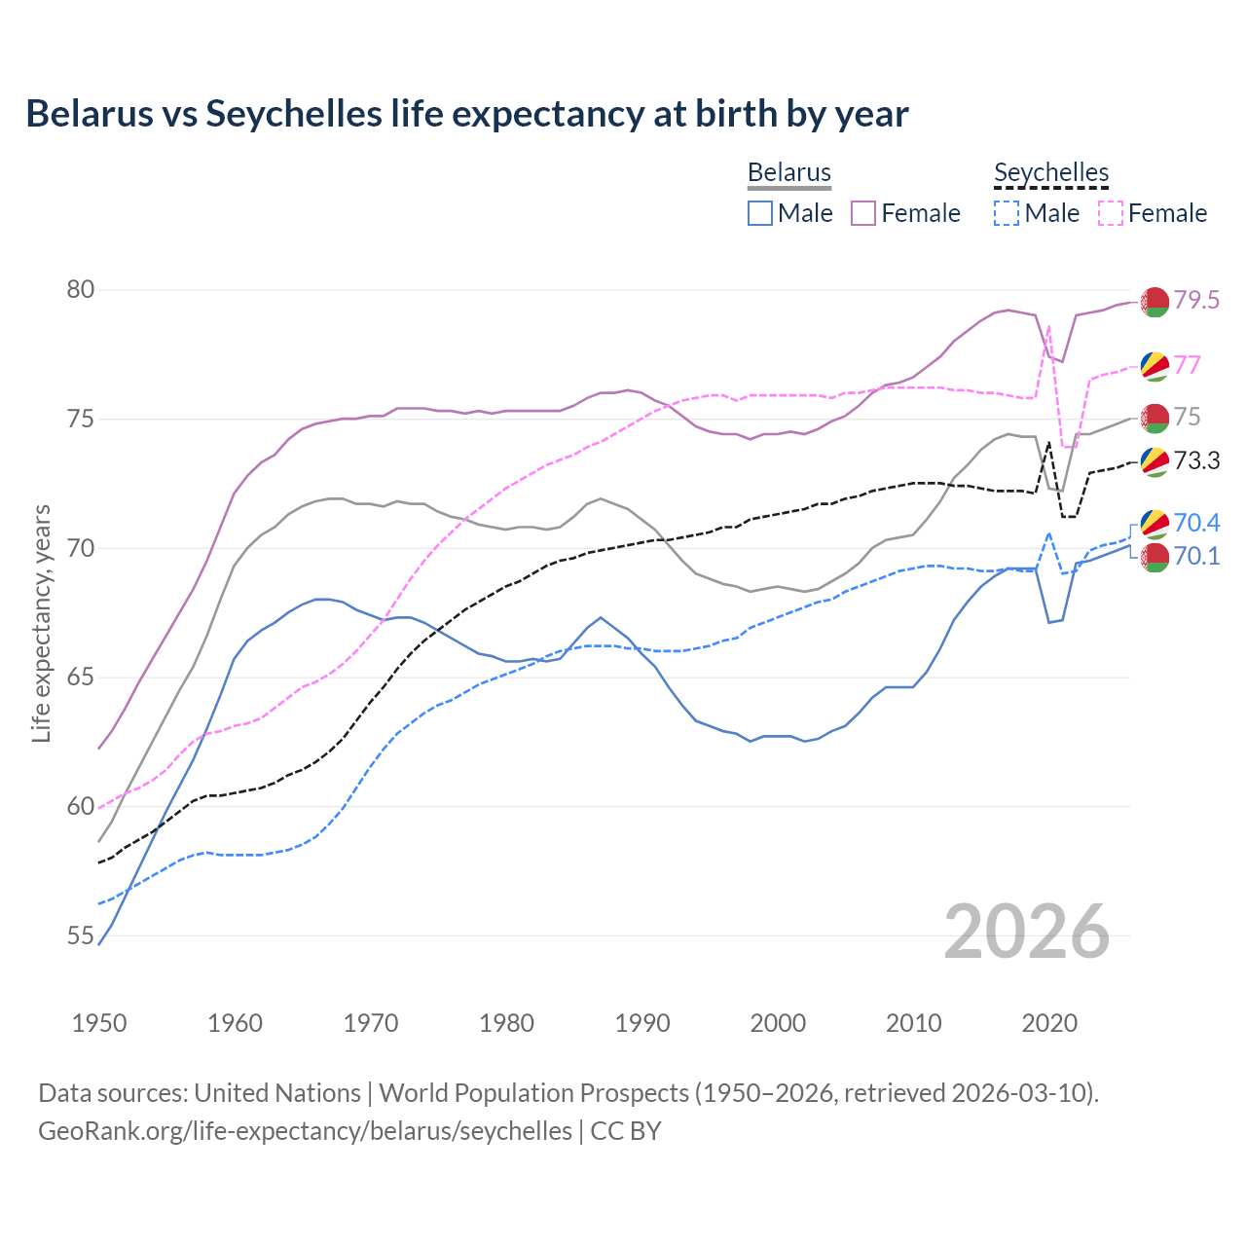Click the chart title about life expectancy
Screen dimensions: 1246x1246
tap(467, 114)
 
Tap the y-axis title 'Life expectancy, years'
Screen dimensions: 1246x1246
tap(41, 623)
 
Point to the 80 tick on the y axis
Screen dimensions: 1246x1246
tap(81, 290)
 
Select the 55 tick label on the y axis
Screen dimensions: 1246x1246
tap(81, 936)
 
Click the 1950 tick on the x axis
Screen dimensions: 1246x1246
tap(99, 1023)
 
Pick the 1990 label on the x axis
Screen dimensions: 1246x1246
tap(642, 1023)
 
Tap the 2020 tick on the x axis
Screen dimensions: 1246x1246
tap(1049, 1023)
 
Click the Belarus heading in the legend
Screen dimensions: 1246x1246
tap(789, 173)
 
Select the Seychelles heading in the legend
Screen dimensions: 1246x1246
tap(1051, 173)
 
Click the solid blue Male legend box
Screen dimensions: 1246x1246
tap(760, 213)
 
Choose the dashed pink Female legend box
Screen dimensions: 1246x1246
tap(1111, 213)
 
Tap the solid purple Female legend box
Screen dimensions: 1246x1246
tap(863, 213)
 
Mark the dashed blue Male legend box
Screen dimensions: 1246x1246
tap(1007, 213)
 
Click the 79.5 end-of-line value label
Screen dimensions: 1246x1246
tap(1196, 301)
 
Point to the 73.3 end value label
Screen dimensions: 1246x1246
tap(1196, 461)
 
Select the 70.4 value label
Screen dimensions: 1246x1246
tap(1196, 524)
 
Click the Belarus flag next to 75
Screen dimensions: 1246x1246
tap(1154, 418)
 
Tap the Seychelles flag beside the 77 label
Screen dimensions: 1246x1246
tap(1154, 366)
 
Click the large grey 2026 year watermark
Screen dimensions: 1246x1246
tap(1027, 933)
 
